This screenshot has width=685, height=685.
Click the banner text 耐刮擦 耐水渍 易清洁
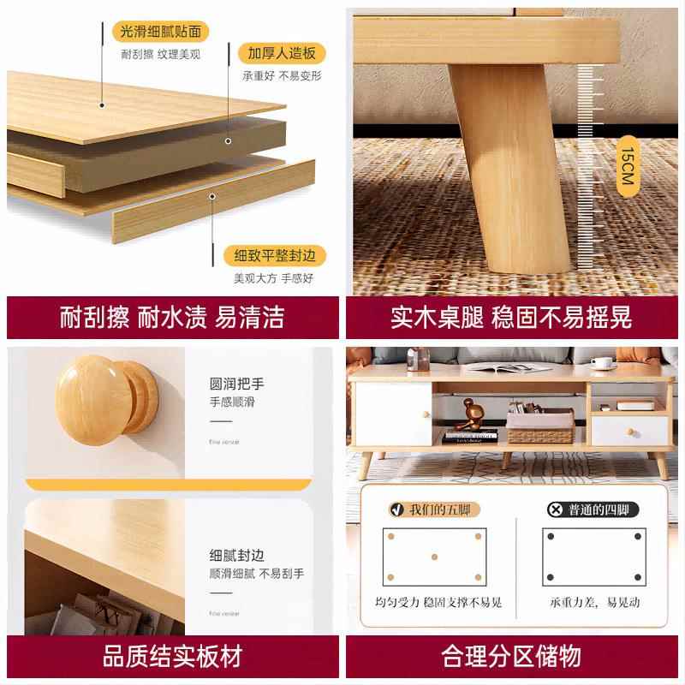click(171, 317)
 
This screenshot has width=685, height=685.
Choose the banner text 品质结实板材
click(171, 657)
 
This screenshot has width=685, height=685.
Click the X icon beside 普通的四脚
click(555, 510)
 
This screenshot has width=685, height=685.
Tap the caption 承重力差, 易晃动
click(594, 603)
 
